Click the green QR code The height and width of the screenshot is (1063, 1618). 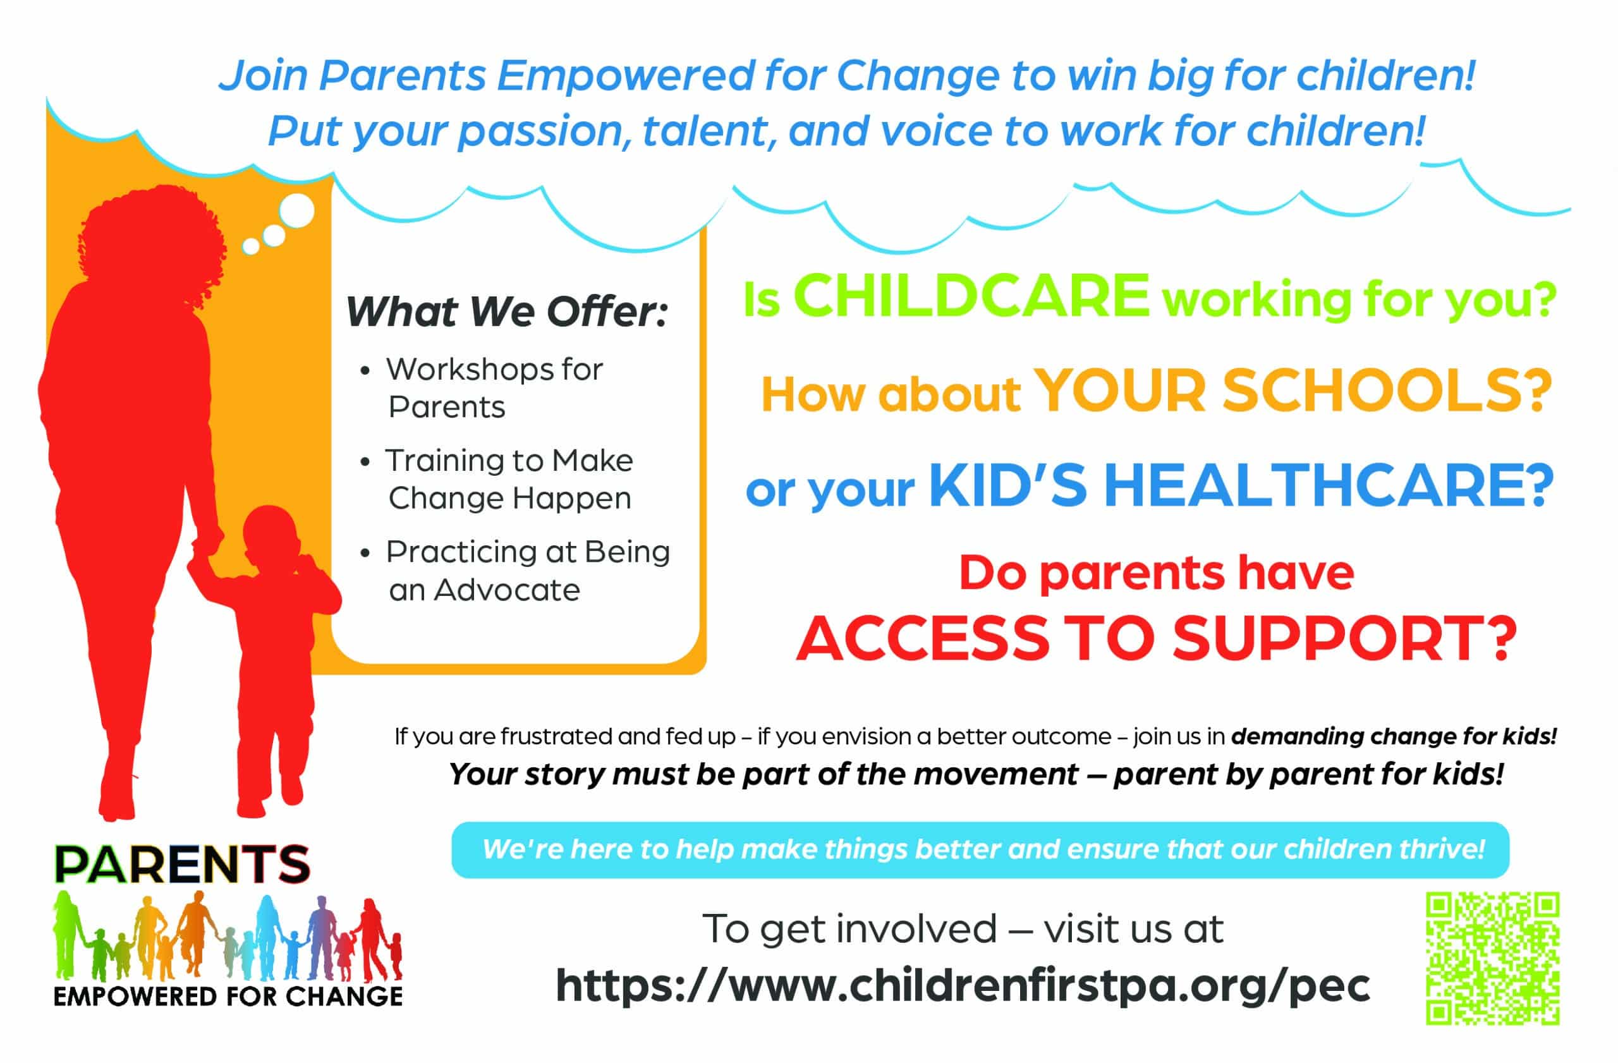1492,957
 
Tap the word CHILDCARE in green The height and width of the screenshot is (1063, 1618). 971,296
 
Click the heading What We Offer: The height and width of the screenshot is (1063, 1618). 507,312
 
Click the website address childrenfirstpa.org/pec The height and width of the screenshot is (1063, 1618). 963,985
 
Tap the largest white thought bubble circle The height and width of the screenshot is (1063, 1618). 296,210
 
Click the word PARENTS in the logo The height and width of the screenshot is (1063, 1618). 182,864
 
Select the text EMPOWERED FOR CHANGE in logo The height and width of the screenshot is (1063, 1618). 228,997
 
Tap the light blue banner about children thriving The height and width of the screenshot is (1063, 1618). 980,849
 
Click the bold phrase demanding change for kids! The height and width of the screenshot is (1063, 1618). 1394,736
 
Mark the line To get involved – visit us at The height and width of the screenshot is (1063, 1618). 963,928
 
